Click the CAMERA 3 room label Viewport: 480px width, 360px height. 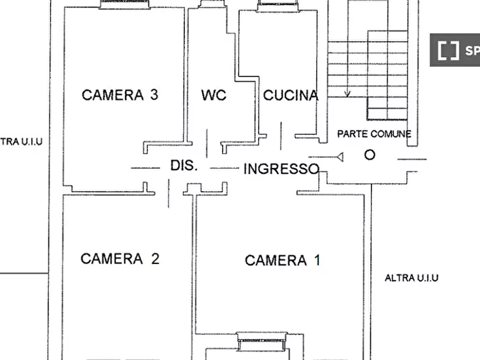(119, 95)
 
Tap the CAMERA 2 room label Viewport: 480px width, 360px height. (119, 258)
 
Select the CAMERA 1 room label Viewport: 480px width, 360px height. (282, 261)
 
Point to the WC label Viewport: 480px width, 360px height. (214, 96)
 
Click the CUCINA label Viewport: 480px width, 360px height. (290, 96)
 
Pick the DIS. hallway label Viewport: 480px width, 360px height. (184, 165)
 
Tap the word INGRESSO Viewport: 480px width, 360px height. (281, 169)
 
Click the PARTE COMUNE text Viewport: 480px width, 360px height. (374, 134)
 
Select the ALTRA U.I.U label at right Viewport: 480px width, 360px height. (411, 278)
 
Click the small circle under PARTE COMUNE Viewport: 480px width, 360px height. (370, 155)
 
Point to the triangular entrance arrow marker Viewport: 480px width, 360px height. (339, 157)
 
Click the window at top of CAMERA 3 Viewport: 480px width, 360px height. (124, 5)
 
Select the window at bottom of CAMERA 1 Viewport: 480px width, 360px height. (263, 339)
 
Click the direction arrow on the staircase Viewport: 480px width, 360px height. (347, 92)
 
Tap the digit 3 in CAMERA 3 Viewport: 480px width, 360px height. (154, 95)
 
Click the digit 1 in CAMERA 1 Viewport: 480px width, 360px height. (317, 261)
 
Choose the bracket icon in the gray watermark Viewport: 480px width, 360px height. (448, 51)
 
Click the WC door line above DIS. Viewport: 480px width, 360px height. (207, 142)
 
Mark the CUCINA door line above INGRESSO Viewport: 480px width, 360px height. (281, 136)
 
